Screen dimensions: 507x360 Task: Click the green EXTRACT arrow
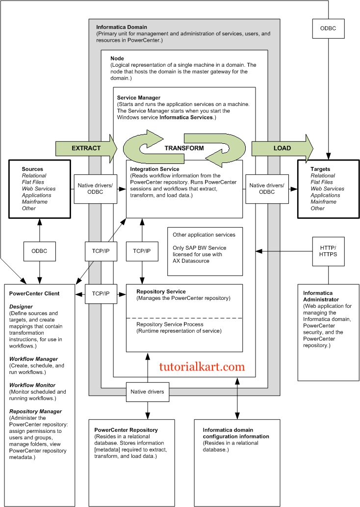[86, 148]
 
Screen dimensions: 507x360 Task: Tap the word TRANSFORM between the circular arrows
[184, 148]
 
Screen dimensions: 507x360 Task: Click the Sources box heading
[32, 169]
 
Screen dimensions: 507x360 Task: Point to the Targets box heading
[320, 169]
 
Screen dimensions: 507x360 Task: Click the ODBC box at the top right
[328, 28]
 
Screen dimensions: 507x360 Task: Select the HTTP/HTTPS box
[328, 251]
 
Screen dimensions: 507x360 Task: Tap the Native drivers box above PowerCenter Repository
[147, 392]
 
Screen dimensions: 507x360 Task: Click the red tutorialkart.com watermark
[202, 366]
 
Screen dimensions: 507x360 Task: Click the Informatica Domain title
[122, 27]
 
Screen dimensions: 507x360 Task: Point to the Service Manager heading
[139, 98]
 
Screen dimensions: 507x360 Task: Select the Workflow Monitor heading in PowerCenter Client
[32, 385]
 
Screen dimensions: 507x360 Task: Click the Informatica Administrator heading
[321, 296]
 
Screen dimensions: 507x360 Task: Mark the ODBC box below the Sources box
[39, 251]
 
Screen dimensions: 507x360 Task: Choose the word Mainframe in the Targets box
[323, 202]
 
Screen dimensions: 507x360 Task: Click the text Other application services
[204, 235]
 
